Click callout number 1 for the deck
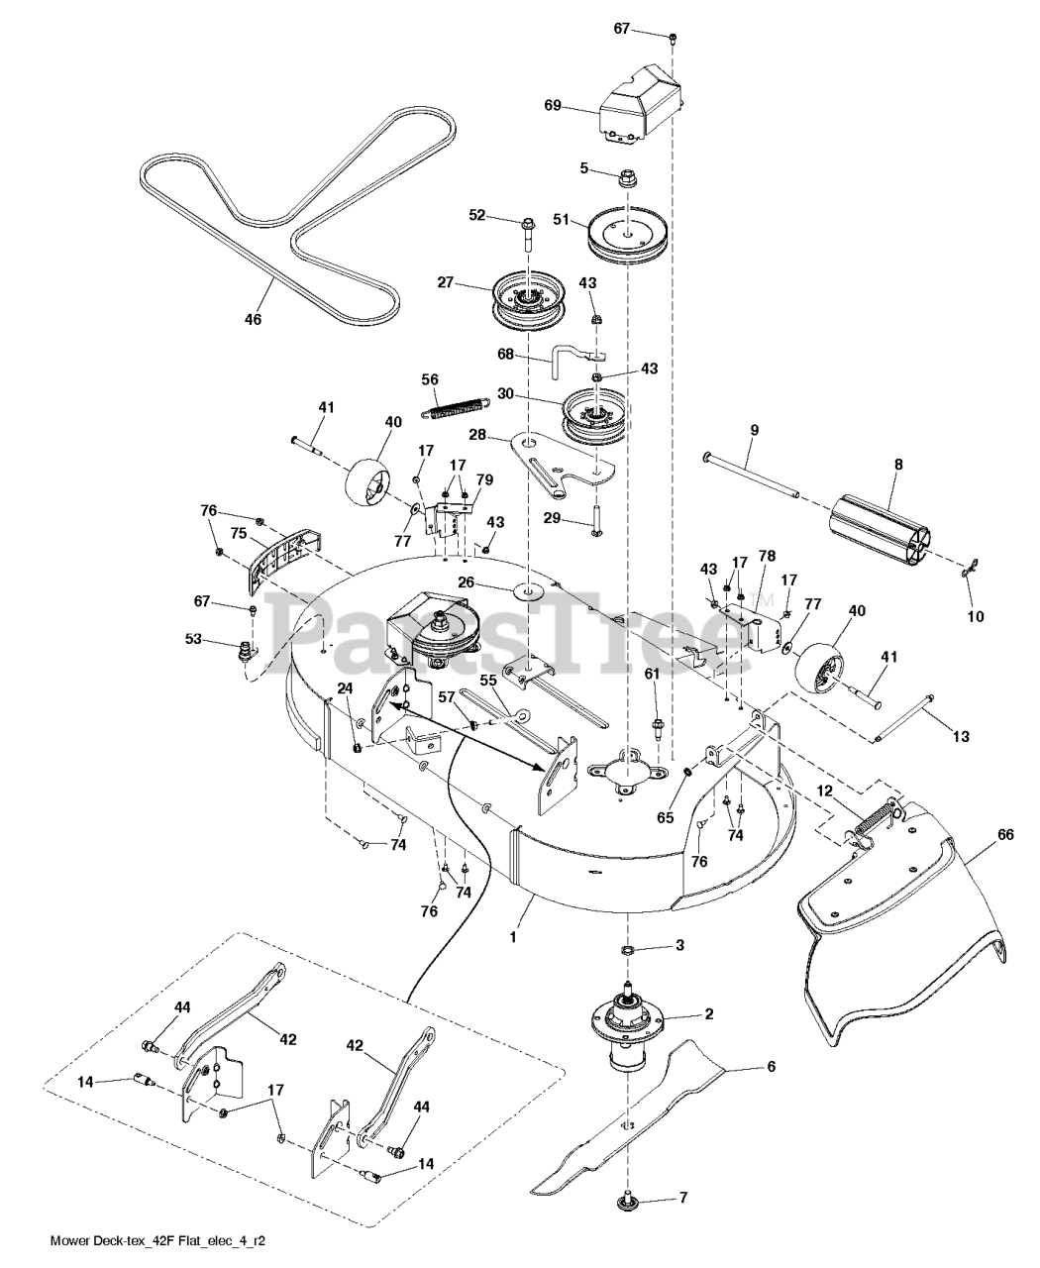click(x=513, y=935)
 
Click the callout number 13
click(x=961, y=736)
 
